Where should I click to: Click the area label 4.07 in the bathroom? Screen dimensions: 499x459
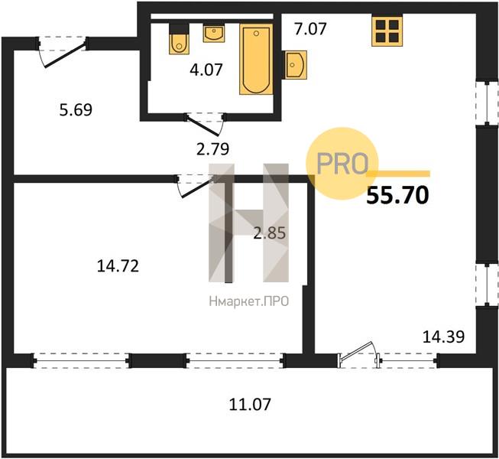click(x=206, y=70)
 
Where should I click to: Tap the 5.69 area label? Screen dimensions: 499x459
click(x=76, y=110)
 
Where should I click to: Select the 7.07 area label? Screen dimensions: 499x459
click(x=310, y=29)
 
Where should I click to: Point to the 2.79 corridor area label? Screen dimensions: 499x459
click(x=213, y=148)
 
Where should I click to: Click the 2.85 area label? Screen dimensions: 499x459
click(x=270, y=233)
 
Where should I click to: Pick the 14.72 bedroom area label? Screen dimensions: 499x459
click(x=118, y=266)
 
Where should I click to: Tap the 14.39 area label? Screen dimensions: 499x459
click(x=444, y=337)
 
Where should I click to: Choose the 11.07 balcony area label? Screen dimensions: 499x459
click(x=250, y=404)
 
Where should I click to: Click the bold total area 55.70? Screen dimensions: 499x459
click(x=398, y=195)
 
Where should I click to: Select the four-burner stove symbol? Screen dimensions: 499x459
click(x=387, y=31)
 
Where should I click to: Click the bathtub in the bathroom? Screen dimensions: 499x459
click(x=256, y=60)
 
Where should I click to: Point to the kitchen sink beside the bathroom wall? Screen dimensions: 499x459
click(x=296, y=65)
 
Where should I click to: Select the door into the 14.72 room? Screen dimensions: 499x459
click(x=196, y=185)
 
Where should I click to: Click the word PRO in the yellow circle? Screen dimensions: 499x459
click(x=342, y=164)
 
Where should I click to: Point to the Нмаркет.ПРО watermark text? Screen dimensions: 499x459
click(x=249, y=301)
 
